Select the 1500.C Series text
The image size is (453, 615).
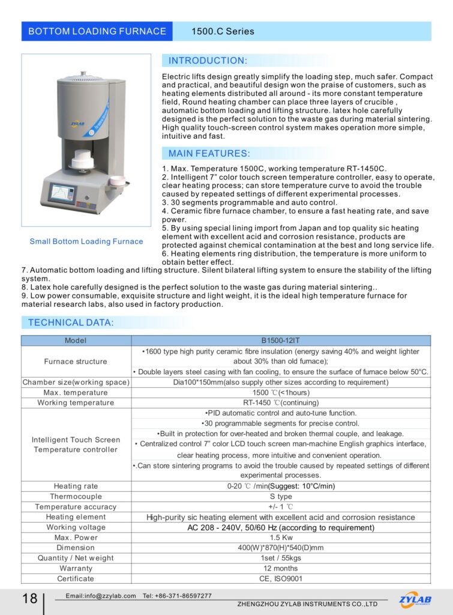223,31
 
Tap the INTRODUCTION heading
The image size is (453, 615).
207,61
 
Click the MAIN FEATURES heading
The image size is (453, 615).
209,153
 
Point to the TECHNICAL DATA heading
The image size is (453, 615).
71,323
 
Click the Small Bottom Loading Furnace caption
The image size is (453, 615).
86,241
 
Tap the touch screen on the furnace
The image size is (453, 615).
63,194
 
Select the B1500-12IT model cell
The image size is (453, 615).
281,341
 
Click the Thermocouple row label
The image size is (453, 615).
76,497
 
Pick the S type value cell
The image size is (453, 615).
281,497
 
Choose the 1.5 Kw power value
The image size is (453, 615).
281,538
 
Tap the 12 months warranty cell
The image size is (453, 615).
281,568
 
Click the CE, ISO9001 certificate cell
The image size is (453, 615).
281,578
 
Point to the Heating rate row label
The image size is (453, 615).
76,486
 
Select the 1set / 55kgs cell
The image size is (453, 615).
281,558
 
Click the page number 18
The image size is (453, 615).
29,598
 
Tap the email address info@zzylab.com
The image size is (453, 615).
101,596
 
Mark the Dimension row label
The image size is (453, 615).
76,548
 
